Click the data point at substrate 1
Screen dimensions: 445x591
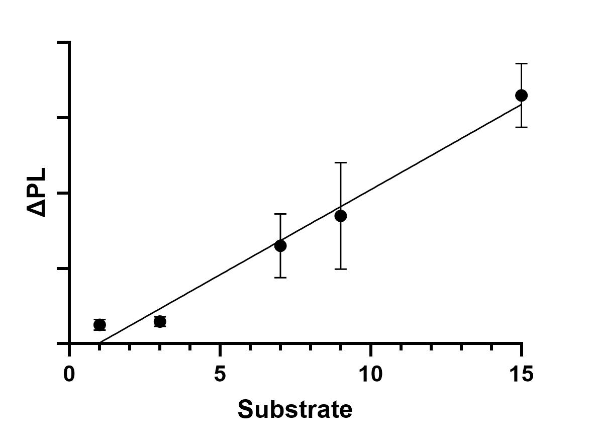tap(100, 325)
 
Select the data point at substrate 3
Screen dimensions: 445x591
tap(160, 322)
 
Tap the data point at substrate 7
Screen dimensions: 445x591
tap(280, 246)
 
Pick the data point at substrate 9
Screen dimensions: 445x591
tap(341, 216)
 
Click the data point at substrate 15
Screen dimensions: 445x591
tap(522, 96)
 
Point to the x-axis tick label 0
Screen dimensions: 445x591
tap(69, 375)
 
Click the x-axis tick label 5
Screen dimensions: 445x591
tap(220, 375)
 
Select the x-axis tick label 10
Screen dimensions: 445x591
tap(370, 375)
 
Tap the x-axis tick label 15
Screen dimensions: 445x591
tap(521, 375)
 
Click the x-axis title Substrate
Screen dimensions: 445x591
tap(295, 410)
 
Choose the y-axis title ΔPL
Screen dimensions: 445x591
tap(38, 192)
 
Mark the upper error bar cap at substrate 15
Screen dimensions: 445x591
tap(522, 64)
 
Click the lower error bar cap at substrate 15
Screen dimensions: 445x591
tap(522, 127)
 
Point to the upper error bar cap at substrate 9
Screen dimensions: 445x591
tap(341, 163)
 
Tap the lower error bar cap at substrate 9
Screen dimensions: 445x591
tap(341, 270)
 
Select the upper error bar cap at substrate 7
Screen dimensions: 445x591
tap(280, 214)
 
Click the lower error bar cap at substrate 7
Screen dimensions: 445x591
tap(280, 278)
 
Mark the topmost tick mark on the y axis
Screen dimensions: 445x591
tap(63, 43)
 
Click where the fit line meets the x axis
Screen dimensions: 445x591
tap(100, 343)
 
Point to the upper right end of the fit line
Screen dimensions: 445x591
tap(521, 104)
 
